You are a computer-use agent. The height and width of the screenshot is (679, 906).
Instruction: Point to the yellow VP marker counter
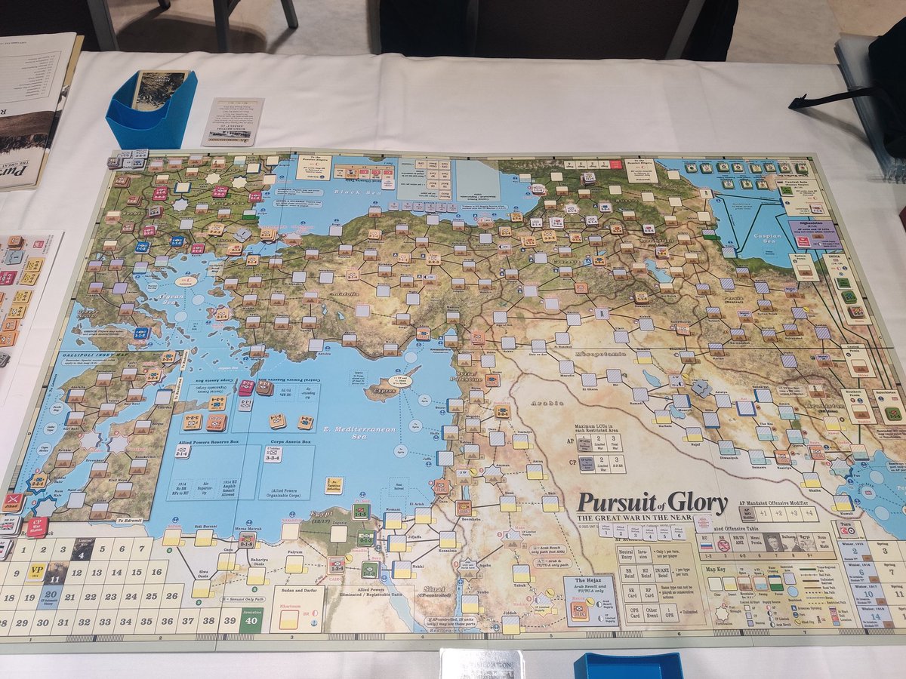coord(37,571)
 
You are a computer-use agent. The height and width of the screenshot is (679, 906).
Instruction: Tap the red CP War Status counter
coord(37,526)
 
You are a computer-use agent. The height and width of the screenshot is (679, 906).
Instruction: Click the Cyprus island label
coord(384,392)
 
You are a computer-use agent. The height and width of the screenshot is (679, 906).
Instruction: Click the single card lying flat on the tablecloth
coord(233,121)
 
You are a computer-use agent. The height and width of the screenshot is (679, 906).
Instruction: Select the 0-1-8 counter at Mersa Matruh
coord(245,540)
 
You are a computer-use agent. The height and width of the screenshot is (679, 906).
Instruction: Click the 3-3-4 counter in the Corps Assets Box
coord(273,456)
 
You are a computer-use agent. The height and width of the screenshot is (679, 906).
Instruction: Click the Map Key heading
coord(716,569)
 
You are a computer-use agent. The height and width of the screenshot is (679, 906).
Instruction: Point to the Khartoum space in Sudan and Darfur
coord(290,619)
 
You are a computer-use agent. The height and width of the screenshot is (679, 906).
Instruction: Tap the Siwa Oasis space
coord(201,588)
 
